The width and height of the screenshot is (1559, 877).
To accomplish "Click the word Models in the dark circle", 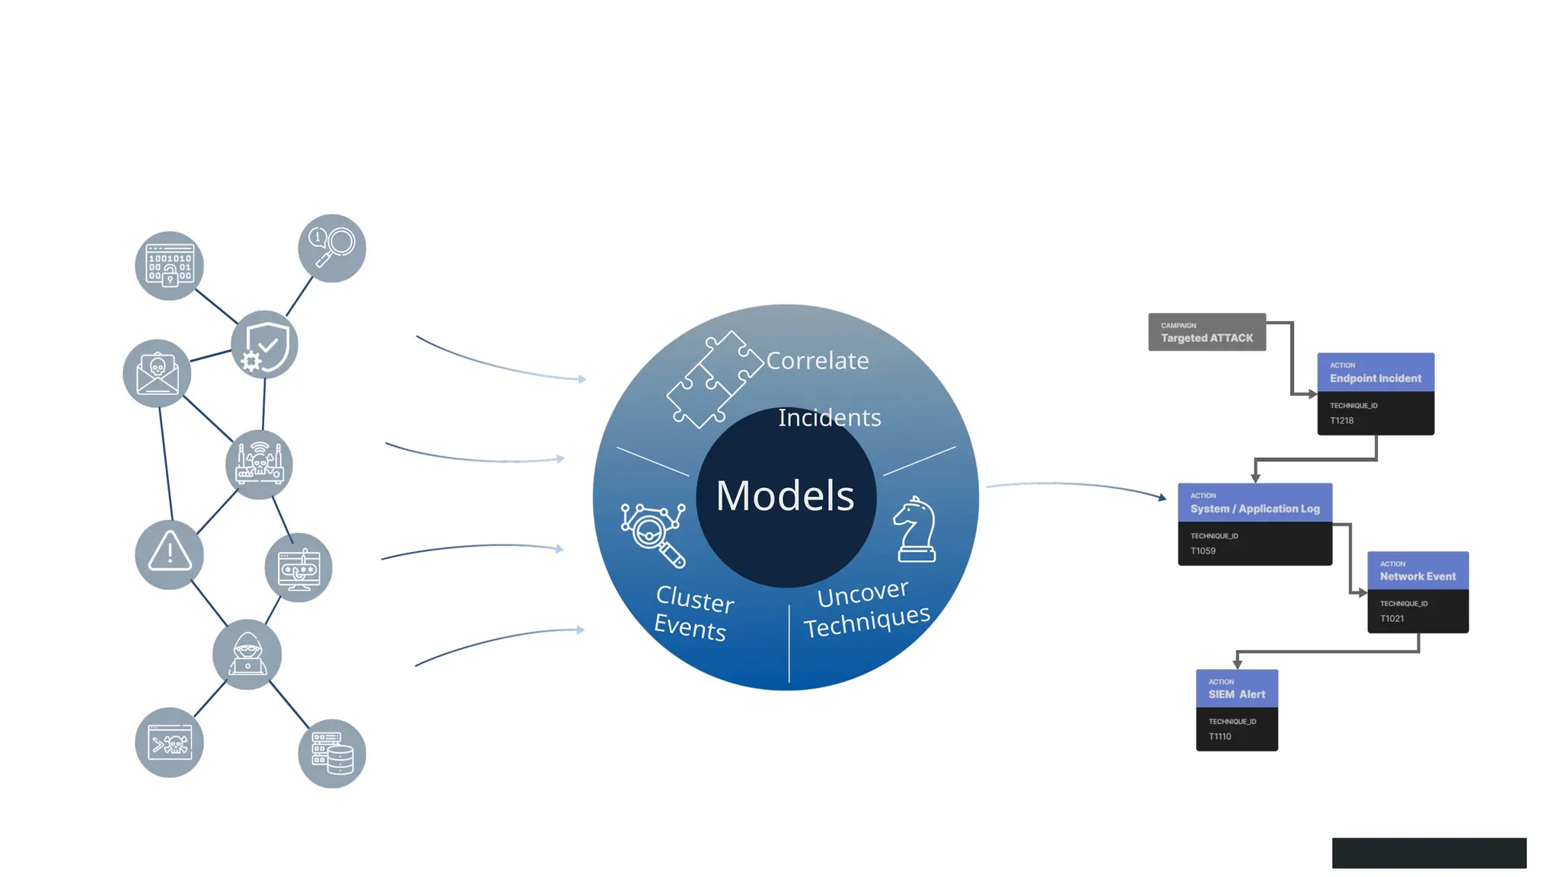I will point(785,496).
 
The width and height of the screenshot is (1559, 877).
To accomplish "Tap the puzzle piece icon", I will point(713,379).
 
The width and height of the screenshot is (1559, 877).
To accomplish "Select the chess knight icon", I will point(915,530).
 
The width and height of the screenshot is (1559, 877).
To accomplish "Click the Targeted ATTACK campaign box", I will point(1207,333).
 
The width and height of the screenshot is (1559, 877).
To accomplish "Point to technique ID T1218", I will point(1341,420).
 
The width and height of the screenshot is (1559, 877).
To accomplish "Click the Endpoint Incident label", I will point(1375,378).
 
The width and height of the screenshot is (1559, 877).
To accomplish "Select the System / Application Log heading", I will point(1255,509).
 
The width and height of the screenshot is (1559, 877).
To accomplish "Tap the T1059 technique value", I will point(1203,550).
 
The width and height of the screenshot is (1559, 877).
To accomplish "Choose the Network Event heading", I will point(1417,576).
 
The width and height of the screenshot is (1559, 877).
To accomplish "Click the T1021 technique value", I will point(1392,618).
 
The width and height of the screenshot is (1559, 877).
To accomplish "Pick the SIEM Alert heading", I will point(1236,694).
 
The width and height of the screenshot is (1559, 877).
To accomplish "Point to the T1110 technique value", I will point(1219,736).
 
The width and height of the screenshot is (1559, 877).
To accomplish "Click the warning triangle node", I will point(169,554).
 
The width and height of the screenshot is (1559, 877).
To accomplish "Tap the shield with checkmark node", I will point(264,345).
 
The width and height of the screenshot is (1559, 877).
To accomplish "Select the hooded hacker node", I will point(247,655).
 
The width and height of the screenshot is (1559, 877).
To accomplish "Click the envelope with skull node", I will point(157,373).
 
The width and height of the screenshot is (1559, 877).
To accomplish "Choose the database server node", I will point(332,753).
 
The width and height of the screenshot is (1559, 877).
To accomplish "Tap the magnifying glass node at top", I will point(332,248).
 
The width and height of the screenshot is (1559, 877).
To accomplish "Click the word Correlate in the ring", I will point(817,360).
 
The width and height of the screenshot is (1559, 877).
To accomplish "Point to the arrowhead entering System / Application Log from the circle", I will point(1162,498).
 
